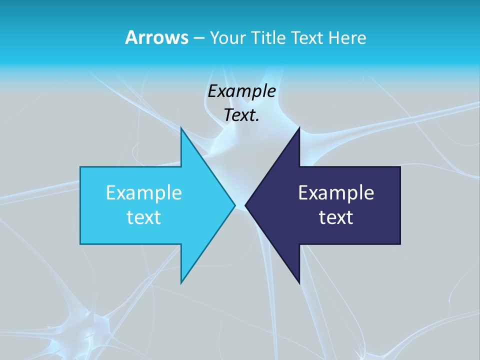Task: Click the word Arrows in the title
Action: point(156,37)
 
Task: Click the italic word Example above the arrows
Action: point(241,91)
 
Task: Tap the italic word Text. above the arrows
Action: point(241,115)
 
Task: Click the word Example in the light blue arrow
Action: point(144,193)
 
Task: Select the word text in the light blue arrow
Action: point(144,217)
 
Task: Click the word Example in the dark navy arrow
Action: point(336,193)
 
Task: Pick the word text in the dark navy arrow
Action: point(336,217)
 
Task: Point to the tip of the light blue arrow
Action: point(234,205)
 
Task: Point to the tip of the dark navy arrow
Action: point(245,205)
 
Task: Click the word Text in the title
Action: point(305,38)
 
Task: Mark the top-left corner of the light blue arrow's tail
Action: point(81,167)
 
